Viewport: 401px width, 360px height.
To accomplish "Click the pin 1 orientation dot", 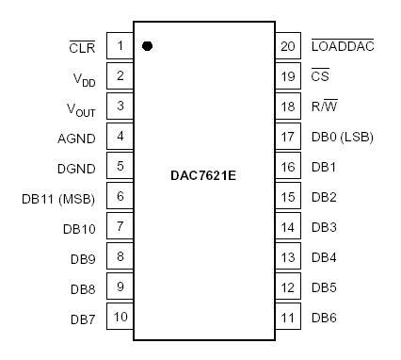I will pyautogui.click(x=148, y=45).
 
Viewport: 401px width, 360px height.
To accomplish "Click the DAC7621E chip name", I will pyautogui.click(x=204, y=176).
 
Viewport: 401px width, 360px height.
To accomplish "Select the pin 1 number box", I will pyautogui.click(x=120, y=45).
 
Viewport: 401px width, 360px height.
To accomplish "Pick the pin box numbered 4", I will pyautogui.click(x=120, y=136).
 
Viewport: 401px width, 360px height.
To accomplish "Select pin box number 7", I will pyautogui.click(x=120, y=226).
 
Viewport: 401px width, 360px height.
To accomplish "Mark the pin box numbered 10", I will pyautogui.click(x=120, y=317).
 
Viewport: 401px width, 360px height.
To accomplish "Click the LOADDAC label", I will pyautogui.click(x=343, y=45).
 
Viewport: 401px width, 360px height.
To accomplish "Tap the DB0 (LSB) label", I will pyautogui.click(x=341, y=137).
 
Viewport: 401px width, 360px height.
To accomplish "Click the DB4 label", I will pyautogui.click(x=323, y=257).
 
